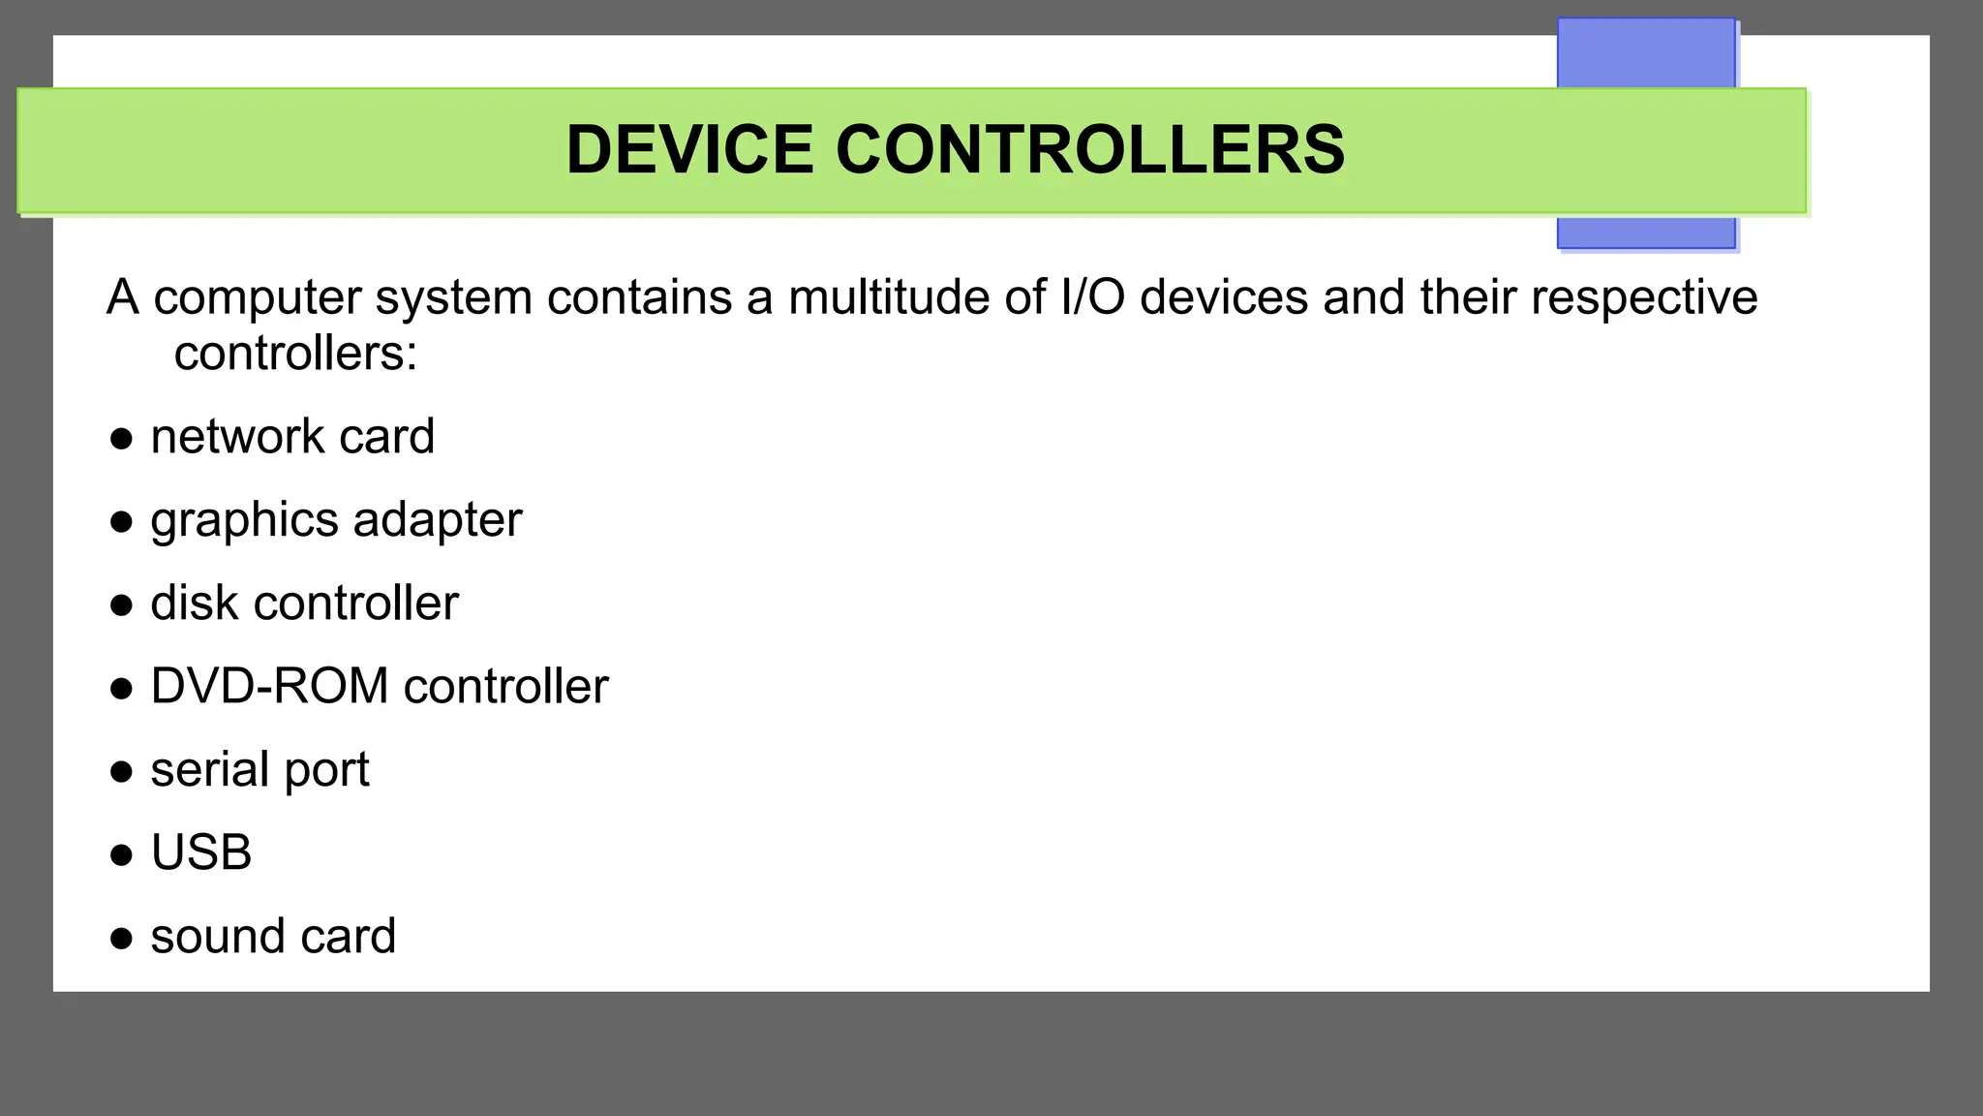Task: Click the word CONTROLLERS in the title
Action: pos(1089,150)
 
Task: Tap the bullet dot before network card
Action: pos(121,439)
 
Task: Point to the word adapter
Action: pos(438,521)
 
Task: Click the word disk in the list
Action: pos(194,604)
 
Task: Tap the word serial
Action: pos(209,770)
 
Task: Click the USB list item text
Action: pos(201,853)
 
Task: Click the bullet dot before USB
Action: pos(121,855)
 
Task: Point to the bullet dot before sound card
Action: pos(121,939)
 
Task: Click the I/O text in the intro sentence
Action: pos(1092,297)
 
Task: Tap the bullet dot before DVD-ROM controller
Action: pos(121,689)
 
